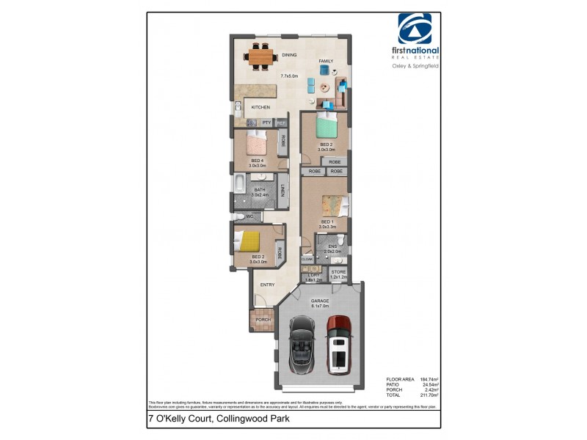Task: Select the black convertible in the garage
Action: [303, 342]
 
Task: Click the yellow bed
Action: [252, 241]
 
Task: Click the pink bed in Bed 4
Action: [257, 143]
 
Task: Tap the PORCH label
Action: [262, 320]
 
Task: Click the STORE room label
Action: [338, 272]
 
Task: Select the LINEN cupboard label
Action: [282, 192]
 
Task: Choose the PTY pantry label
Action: [266, 122]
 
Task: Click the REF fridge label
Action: [280, 122]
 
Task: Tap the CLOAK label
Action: [307, 259]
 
